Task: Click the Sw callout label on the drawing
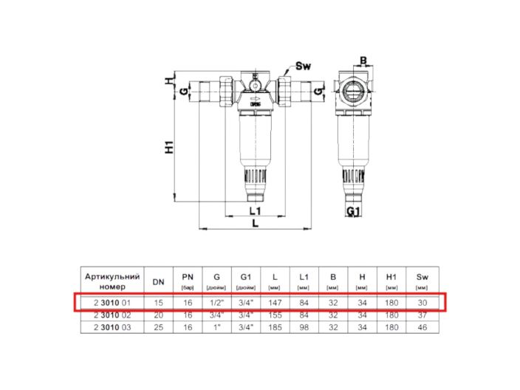click(303, 66)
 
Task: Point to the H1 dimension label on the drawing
click(169, 146)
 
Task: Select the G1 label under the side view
click(354, 212)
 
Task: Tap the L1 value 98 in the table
click(303, 326)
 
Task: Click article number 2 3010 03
click(112, 326)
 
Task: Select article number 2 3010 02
click(112, 314)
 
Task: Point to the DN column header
click(158, 281)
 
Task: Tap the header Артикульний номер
click(112, 281)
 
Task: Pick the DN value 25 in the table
click(158, 326)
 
